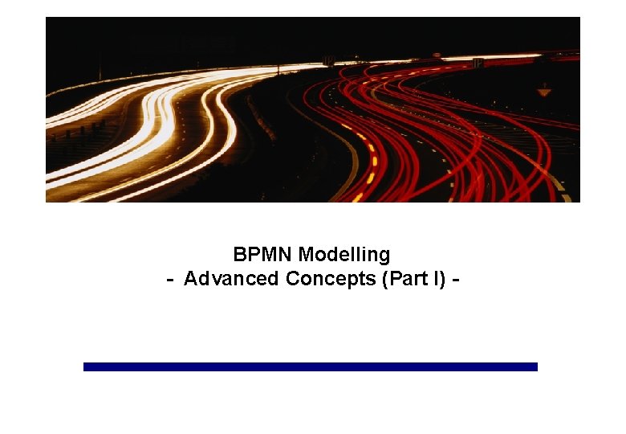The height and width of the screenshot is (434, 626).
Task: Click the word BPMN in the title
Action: click(263, 255)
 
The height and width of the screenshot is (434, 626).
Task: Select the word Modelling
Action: click(344, 255)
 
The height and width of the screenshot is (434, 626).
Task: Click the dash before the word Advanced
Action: click(170, 280)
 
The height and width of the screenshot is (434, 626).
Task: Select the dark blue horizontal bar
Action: click(310, 366)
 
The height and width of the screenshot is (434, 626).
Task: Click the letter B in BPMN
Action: click(239, 255)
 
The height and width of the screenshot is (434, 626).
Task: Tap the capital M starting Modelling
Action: click(306, 255)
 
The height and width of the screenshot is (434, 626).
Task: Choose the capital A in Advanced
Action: click(190, 279)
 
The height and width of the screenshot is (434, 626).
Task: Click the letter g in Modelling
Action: click(384, 256)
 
